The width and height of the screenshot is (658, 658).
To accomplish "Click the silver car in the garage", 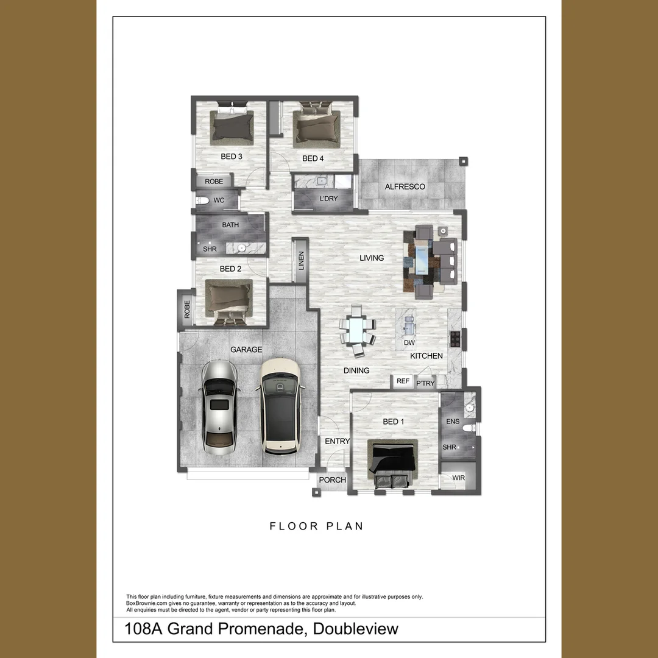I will (219, 408).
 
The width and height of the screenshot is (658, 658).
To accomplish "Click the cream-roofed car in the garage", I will (280, 405).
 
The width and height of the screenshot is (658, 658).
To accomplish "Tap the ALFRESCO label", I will (405, 186).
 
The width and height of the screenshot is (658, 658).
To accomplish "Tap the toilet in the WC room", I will (203, 200).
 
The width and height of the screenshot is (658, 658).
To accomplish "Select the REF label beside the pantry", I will (403, 381).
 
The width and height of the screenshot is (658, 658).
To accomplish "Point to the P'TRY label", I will (425, 383).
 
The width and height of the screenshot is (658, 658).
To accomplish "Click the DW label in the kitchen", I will (409, 343).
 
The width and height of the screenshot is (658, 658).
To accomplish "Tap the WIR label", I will (458, 478).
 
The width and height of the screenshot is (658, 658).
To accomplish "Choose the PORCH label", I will (333, 480).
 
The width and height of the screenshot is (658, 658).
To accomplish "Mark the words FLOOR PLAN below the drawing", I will (316, 526).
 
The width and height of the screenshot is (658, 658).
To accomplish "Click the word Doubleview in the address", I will (355, 629).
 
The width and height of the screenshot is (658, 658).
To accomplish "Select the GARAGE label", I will (246, 350).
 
